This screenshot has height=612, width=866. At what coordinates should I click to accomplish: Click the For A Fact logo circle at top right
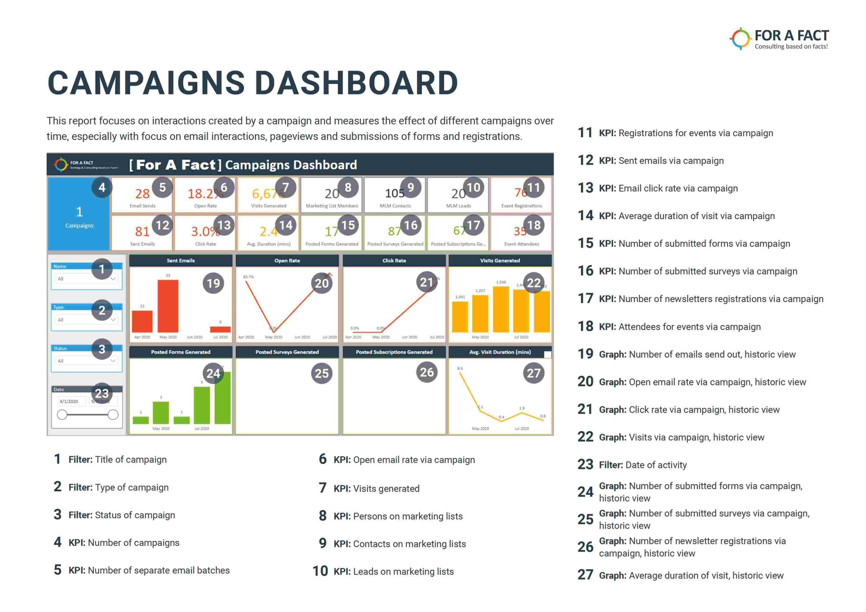click(x=740, y=39)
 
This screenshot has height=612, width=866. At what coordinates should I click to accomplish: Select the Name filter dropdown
click(x=86, y=279)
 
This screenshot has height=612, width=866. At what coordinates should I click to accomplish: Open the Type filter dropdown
click(x=86, y=320)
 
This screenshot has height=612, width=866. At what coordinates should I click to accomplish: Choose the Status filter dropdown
click(x=86, y=361)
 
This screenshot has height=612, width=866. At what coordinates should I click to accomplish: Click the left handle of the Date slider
click(x=62, y=415)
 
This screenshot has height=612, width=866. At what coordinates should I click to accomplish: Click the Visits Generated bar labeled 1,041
click(x=460, y=316)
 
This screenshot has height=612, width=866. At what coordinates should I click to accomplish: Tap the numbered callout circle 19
click(x=213, y=283)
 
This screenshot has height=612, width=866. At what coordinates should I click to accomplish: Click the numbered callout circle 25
click(x=322, y=373)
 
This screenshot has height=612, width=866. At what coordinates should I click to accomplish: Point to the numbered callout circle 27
click(x=534, y=373)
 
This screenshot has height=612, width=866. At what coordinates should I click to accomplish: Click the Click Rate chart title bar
click(x=394, y=261)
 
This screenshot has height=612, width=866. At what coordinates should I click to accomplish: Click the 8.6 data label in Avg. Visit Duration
click(x=460, y=369)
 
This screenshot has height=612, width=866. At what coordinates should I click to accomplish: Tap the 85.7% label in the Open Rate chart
click(x=248, y=277)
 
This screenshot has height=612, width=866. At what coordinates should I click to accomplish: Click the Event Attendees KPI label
click(x=522, y=244)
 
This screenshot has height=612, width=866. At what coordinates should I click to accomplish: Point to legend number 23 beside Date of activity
click(x=585, y=465)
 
